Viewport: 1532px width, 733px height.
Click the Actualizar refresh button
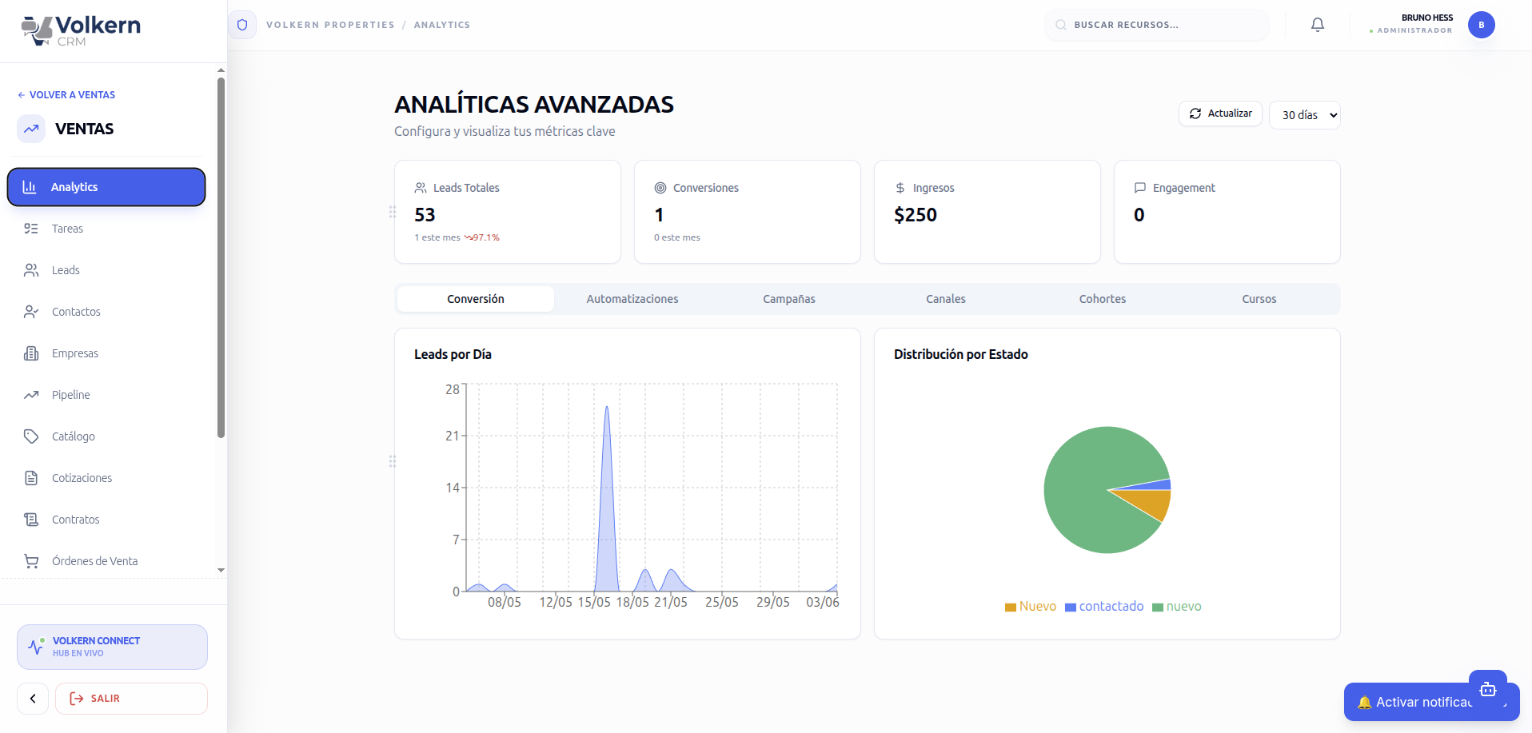point(1220,114)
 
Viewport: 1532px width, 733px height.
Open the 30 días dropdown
point(1305,115)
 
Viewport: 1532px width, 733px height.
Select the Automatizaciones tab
point(632,299)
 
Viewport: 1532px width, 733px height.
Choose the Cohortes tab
point(1103,299)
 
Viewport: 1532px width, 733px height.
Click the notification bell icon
point(1318,25)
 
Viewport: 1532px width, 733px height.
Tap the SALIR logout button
point(131,699)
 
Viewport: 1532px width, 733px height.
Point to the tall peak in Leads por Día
point(607,407)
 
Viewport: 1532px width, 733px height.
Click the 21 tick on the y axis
point(453,436)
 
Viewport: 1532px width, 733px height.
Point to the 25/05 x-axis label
point(722,602)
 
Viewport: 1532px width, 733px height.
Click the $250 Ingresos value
point(916,215)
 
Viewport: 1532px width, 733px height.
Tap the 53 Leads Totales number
point(425,215)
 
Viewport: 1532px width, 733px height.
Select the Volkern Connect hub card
point(112,647)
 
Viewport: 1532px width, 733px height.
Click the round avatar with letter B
point(1482,25)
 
